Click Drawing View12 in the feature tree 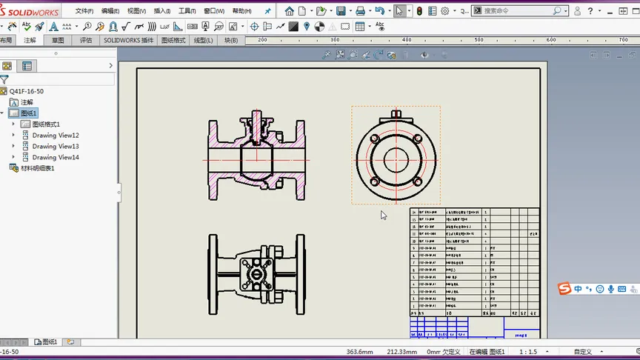click(56, 136)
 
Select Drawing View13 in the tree click(56, 147)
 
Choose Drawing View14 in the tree click(56, 158)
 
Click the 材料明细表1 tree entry click(37, 169)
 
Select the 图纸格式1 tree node click(46, 124)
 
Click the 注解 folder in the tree click(27, 102)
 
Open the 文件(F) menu click(84, 11)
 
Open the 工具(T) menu click(187, 11)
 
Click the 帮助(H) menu click(241, 11)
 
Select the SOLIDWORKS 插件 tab click(128, 41)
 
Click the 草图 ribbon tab click(57, 41)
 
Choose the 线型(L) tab click(203, 41)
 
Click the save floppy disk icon click(341, 11)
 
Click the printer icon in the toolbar click(360, 11)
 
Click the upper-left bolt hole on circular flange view click(375, 139)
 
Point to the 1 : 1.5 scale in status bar click(528, 352)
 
